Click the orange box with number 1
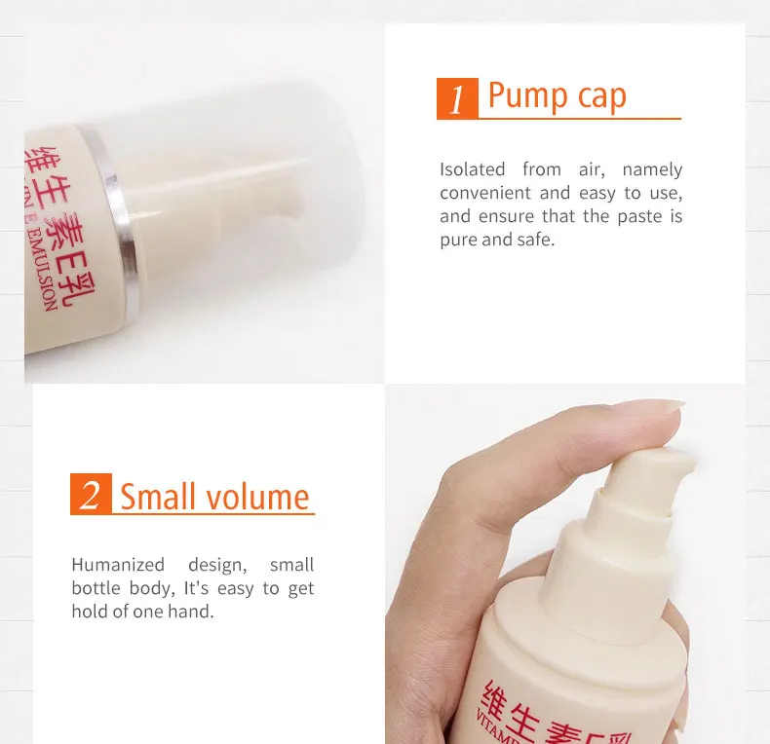coord(457,98)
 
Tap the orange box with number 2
coord(91,495)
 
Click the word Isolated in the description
coord(472,169)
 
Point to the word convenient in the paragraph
coord(485,193)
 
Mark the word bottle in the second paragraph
coord(96,588)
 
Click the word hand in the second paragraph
coord(192,612)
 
